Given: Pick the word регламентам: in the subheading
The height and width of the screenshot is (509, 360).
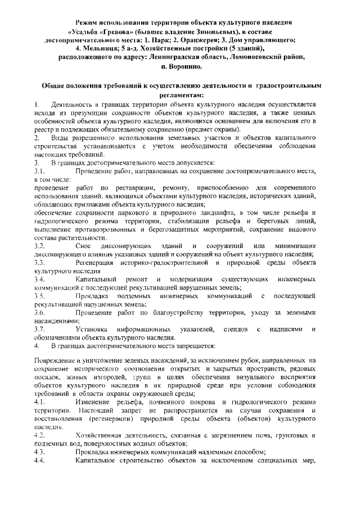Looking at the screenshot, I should click(179, 94).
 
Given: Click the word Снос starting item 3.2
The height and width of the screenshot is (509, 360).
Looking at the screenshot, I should click(84, 247).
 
